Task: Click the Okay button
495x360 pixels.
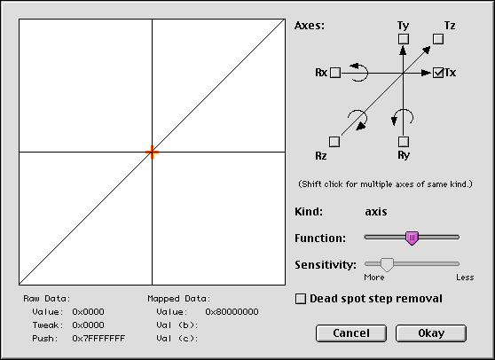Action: coord(431,333)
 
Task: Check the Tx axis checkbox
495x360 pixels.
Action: coord(438,73)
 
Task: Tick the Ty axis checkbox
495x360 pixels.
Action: coord(404,39)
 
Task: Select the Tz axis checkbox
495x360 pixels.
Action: coord(438,39)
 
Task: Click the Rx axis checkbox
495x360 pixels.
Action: coord(335,73)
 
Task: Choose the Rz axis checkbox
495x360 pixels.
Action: coord(334,142)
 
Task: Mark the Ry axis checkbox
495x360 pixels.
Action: coord(404,142)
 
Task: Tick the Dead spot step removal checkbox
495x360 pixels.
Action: coord(301,299)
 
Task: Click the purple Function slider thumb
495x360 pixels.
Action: coord(412,239)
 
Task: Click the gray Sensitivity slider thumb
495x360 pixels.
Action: coord(387,264)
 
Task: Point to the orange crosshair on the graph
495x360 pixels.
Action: coord(153,153)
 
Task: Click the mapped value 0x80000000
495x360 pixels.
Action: coord(232,312)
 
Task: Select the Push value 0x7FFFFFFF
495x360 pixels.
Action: coord(98,338)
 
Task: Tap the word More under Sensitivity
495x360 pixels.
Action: coord(374,278)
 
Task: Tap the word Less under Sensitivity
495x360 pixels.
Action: coord(465,278)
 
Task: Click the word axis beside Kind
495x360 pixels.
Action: coord(376,211)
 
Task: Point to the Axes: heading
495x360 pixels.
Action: coord(310,26)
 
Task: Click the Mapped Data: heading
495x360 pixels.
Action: coord(179,299)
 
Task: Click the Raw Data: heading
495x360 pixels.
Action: coord(47,299)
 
